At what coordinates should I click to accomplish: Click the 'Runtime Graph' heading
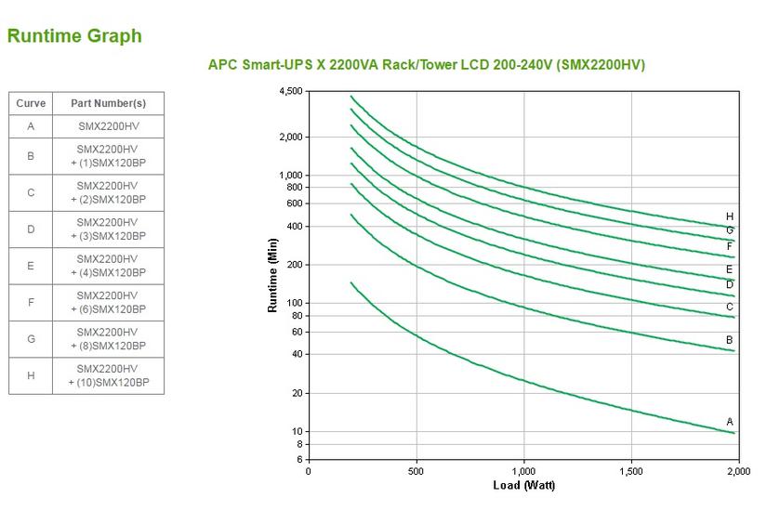[74, 36]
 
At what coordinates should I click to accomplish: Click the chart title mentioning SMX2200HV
[426, 65]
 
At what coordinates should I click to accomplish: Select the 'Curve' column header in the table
[31, 103]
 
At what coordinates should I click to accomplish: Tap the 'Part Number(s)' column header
[108, 103]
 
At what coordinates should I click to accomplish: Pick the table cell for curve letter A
[31, 125]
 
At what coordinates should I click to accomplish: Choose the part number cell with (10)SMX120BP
[108, 376]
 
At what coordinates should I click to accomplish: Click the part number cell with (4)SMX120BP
[108, 266]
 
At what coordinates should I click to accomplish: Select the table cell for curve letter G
[31, 339]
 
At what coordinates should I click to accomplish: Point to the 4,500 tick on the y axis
[290, 91]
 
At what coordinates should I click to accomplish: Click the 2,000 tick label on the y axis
[290, 138]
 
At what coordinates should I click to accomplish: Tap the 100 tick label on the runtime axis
[295, 303]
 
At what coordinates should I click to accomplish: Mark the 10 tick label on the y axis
[298, 431]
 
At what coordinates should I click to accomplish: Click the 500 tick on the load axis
[417, 472]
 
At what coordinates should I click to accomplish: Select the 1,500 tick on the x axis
[631, 472]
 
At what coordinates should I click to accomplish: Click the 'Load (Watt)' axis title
[524, 486]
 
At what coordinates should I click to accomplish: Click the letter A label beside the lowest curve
[730, 422]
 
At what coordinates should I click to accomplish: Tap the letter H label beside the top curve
[730, 216]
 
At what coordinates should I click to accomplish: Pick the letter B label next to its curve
[730, 340]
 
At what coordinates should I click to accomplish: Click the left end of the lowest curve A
[351, 282]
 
